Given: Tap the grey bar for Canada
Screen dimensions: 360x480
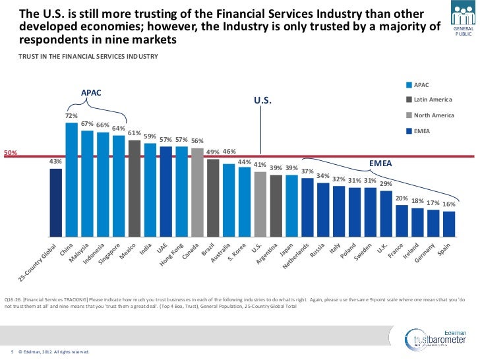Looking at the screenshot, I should (197, 192).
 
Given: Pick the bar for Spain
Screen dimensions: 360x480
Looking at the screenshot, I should (449, 224).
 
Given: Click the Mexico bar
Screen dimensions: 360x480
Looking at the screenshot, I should (135, 188).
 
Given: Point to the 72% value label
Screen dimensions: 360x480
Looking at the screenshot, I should (71, 116).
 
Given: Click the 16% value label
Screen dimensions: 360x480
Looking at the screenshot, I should (449, 204).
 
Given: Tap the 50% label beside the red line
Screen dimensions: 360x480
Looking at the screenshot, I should (11, 154).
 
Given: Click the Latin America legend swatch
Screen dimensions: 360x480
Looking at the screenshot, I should (409, 100).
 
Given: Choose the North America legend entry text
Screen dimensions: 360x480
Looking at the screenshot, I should (434, 115).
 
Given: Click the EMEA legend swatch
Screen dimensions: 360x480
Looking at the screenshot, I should (409, 131).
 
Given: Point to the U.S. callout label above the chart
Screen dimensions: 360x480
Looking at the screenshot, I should (262, 101).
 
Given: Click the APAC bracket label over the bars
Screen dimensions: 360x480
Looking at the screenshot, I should (92, 93).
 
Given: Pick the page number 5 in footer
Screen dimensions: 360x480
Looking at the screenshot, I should (13, 352).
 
